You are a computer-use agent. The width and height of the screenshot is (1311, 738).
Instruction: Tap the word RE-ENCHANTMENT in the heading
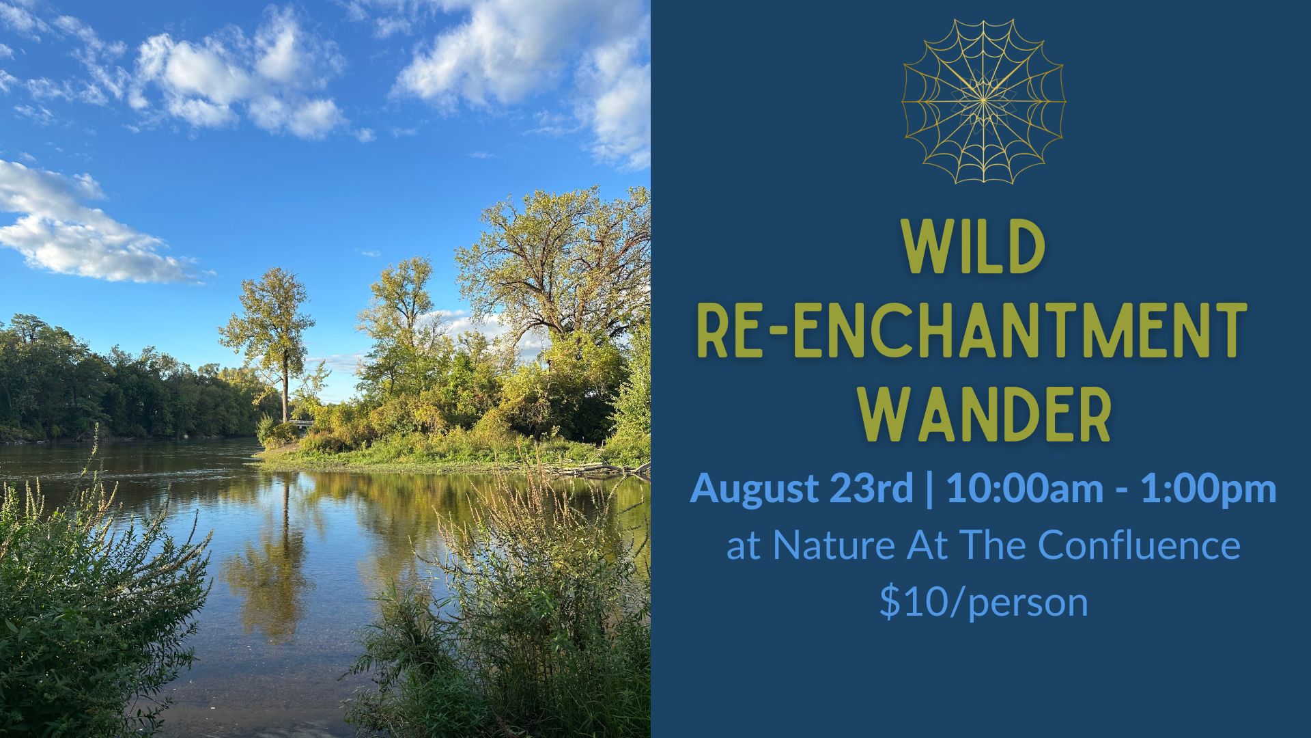[x=972, y=333]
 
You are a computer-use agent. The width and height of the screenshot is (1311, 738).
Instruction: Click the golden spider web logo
[x=983, y=101]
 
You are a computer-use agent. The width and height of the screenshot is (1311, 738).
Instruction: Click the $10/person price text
[x=983, y=602]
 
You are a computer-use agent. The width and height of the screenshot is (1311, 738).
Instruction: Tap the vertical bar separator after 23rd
[x=929, y=490]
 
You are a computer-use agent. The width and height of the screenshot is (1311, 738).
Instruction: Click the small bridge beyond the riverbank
[x=301, y=423]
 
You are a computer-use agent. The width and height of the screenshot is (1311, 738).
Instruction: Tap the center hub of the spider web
[x=983, y=101]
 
